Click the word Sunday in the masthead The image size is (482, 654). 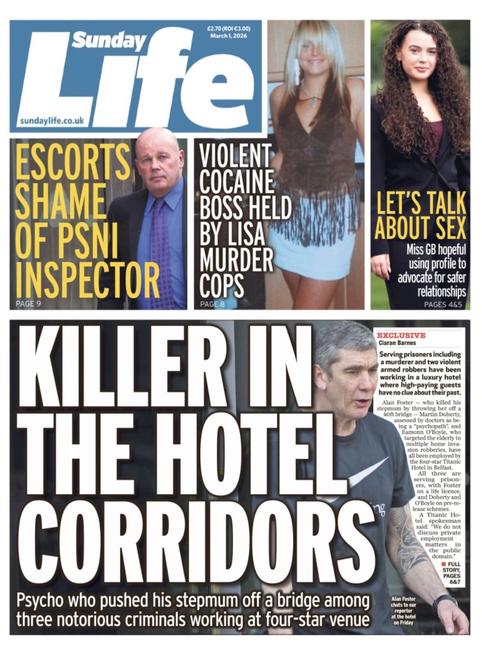(108, 41)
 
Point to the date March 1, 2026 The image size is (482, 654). (229, 36)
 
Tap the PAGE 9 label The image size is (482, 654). (29, 303)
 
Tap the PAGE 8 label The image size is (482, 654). (213, 304)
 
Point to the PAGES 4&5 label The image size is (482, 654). (445, 304)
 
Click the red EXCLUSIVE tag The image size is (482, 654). (401, 335)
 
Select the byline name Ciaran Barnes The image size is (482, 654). (397, 343)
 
